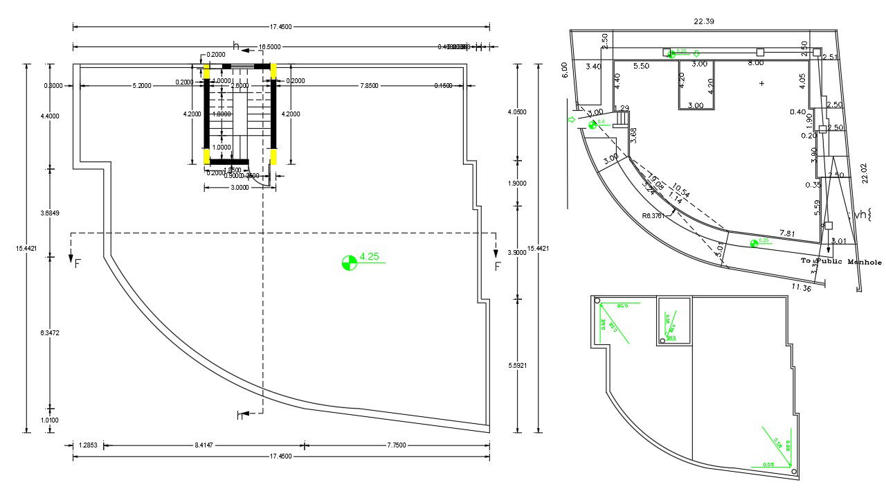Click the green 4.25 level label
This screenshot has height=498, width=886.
pyautogui.click(x=370, y=256)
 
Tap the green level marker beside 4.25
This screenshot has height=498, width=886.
pyautogui.click(x=350, y=263)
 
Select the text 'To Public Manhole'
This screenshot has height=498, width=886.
pyautogui.click(x=841, y=262)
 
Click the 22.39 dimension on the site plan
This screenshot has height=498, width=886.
pyautogui.click(x=704, y=21)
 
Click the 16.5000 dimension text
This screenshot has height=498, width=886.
pyautogui.click(x=269, y=46)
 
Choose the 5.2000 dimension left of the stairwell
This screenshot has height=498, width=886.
pyautogui.click(x=143, y=85)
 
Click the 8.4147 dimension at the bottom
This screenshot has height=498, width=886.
pyautogui.click(x=204, y=445)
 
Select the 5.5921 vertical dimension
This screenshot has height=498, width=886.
pyautogui.click(x=517, y=364)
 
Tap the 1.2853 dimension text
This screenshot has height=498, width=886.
pyautogui.click(x=89, y=445)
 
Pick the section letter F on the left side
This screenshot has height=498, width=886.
pyautogui.click(x=77, y=264)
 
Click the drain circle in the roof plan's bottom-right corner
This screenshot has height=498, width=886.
pyautogui.click(x=793, y=472)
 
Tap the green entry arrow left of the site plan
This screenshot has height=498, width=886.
pyautogui.click(x=572, y=119)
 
